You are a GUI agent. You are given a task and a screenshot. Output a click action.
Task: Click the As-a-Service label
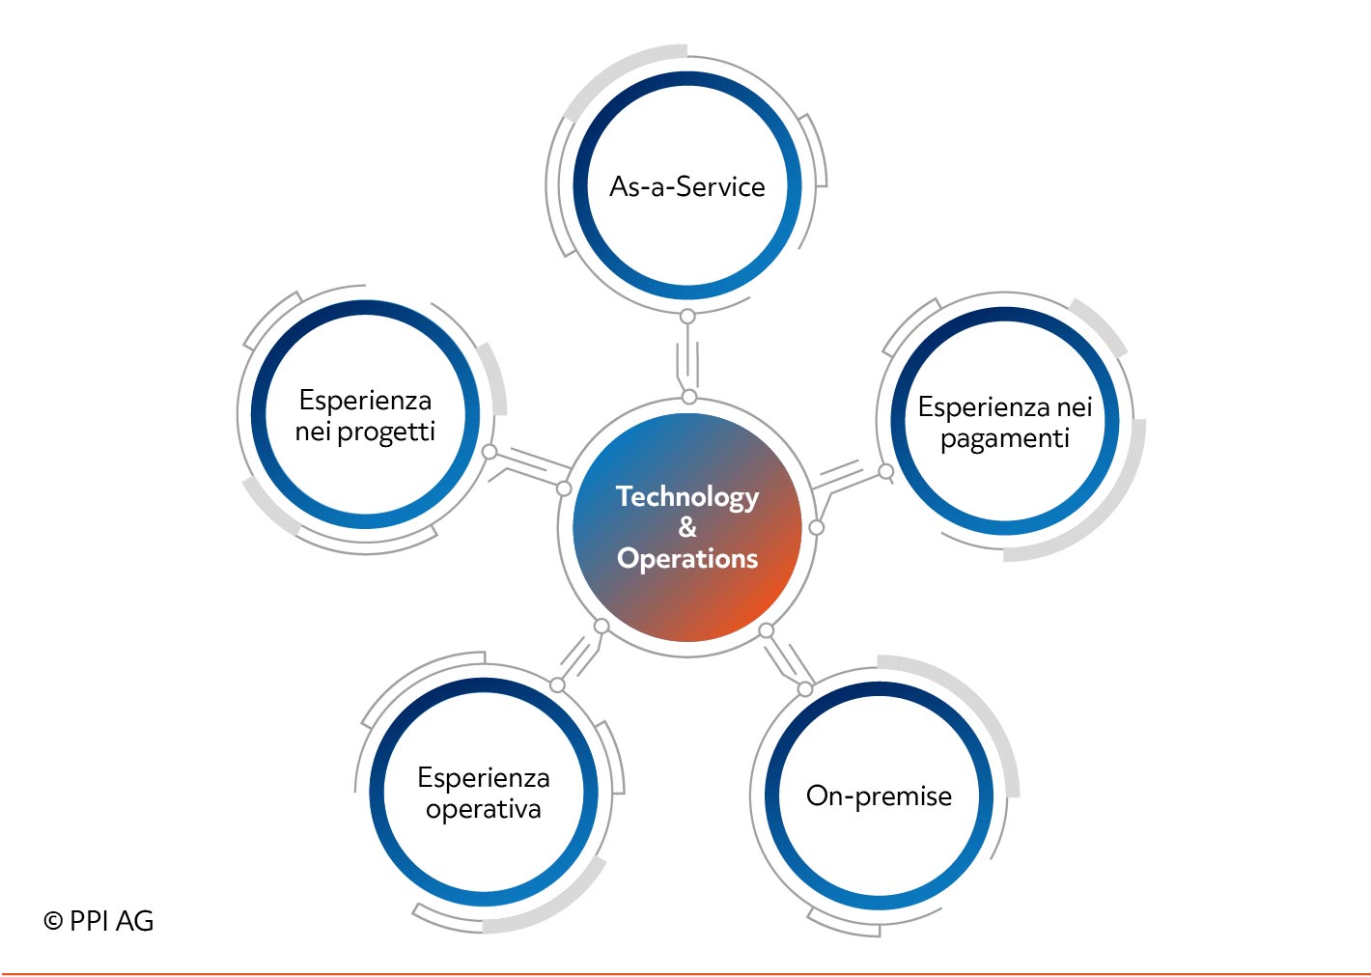686,186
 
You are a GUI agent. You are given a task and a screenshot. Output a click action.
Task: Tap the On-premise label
879,796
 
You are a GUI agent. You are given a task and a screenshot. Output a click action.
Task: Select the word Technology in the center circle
687,497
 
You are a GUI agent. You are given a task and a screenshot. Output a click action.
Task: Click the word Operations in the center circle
687,559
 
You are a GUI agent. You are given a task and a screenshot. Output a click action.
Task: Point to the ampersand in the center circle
687,526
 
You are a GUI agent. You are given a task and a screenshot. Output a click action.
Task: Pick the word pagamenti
1005,439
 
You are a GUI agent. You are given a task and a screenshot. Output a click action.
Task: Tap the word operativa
484,810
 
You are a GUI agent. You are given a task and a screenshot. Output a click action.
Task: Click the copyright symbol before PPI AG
53,921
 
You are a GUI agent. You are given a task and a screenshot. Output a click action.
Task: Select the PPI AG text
111,921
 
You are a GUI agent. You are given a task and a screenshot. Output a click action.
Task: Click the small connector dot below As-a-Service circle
687,317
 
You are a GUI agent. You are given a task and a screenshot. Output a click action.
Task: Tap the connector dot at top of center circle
689,397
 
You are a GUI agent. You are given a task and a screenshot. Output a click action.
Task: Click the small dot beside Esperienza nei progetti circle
490,452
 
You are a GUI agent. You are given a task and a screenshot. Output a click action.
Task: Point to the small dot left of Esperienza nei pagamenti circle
885,471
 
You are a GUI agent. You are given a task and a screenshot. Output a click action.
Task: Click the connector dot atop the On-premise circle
805,689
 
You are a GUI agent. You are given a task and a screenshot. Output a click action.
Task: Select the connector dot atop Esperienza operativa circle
557,685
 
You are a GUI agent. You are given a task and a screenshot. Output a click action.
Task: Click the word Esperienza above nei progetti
365,401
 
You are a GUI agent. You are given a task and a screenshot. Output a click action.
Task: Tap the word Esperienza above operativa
484,779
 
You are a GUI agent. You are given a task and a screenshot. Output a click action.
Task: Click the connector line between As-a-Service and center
688,357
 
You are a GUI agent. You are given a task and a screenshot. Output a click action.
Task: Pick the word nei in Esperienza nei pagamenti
1075,407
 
